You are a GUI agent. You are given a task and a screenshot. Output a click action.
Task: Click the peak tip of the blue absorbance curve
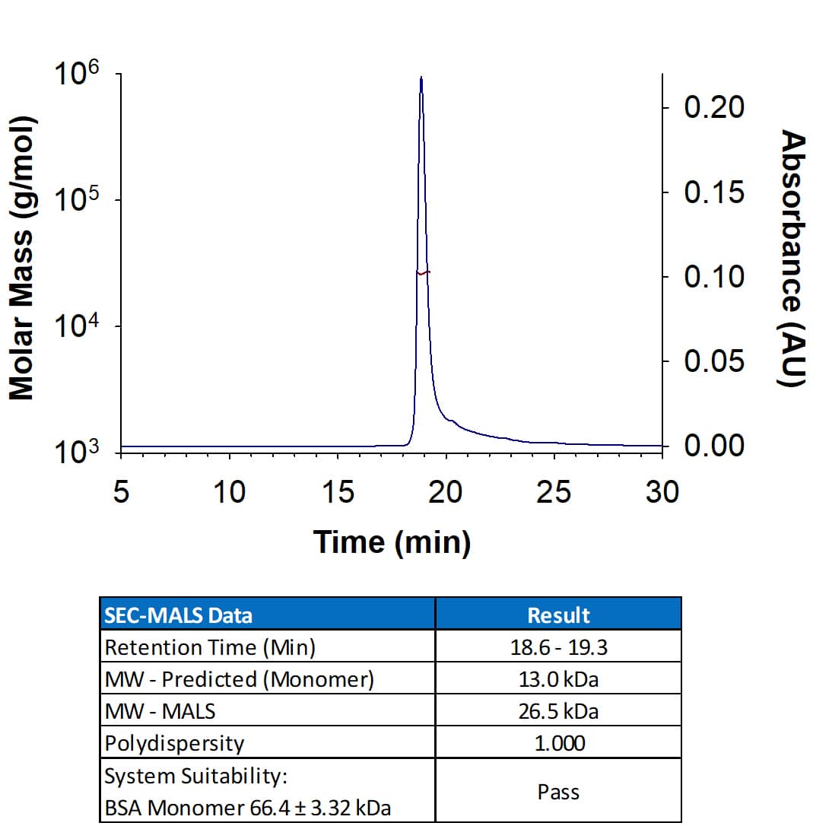click(421, 78)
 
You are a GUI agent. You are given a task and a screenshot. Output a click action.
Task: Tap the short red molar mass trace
click(424, 272)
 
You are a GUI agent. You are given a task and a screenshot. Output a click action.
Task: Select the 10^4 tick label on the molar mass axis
click(77, 327)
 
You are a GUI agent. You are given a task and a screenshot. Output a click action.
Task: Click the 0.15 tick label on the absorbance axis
click(713, 192)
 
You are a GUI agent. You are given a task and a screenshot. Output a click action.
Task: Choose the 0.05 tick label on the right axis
click(713, 361)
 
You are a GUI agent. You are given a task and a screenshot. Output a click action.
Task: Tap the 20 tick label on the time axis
click(445, 493)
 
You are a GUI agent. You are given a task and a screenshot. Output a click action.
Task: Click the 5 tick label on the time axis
click(120, 493)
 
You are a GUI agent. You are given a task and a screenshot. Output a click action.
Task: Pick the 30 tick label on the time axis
click(662, 493)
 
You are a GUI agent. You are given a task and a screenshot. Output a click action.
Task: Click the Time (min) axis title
click(392, 542)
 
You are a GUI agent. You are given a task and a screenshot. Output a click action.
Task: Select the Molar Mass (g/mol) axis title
click(22, 258)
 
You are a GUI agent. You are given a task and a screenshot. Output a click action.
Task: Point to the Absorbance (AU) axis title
click(793, 258)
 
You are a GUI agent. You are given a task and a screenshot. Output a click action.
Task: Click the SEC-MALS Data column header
click(178, 615)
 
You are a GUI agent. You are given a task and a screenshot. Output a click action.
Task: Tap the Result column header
click(558, 615)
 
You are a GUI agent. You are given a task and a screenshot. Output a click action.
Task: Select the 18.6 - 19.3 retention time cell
click(558, 647)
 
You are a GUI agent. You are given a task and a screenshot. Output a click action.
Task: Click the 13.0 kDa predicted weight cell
click(558, 679)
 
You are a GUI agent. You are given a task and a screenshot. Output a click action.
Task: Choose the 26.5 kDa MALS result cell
click(558, 711)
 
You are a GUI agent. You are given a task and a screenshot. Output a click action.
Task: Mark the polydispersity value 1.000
click(558, 743)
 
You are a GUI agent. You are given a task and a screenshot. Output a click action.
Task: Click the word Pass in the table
click(558, 792)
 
